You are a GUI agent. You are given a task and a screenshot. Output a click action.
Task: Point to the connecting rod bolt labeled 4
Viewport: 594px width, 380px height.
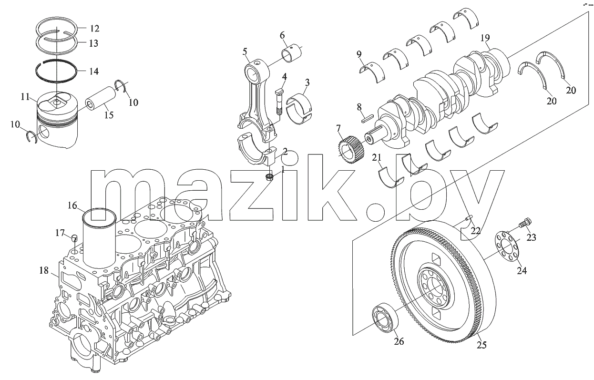(278, 102)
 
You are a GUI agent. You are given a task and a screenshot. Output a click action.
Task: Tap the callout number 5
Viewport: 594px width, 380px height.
(245, 51)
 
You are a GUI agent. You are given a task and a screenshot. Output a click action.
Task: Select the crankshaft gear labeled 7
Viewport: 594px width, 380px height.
(350, 149)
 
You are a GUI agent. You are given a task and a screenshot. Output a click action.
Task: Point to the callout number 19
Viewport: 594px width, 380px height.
(485, 38)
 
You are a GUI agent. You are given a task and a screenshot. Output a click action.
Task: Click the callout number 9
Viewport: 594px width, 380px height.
(359, 54)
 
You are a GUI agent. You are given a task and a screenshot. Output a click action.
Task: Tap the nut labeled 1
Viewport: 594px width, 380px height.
(270, 176)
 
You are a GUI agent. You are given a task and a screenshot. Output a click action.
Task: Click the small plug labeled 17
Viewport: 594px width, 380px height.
(74, 237)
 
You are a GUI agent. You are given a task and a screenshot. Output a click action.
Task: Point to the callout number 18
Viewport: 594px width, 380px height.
(44, 271)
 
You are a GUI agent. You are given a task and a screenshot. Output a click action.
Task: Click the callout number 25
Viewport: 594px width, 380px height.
(481, 345)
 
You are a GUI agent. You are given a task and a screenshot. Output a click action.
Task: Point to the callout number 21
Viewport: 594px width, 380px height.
(376, 157)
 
